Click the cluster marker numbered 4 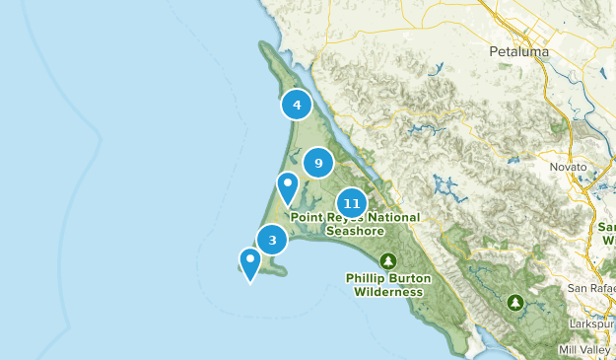coord(297,105)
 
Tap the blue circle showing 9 coord(318,163)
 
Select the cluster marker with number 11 coord(353,203)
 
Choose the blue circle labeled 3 coord(272,240)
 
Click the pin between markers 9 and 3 coord(287,185)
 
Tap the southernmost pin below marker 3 coord(250,261)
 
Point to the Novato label coord(568,168)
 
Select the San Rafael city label coord(591,287)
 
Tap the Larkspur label coord(592,324)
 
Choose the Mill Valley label coord(585,349)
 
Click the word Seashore coord(354,231)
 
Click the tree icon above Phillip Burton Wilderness coord(388,261)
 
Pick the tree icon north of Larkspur coord(514,302)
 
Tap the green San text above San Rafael coord(607,226)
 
